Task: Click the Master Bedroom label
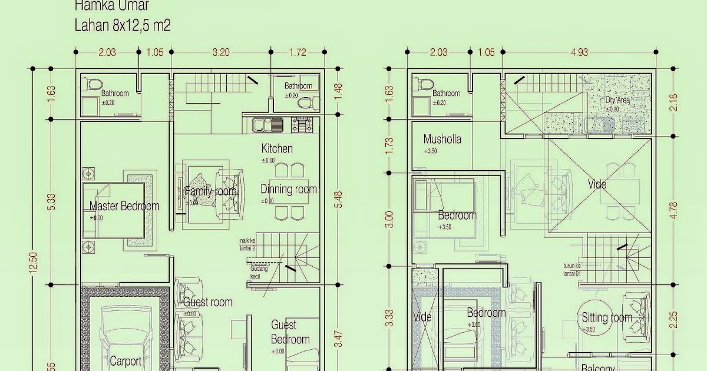(x=124, y=206)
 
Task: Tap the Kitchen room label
(x=277, y=148)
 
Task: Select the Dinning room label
(x=289, y=190)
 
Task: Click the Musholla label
(x=442, y=140)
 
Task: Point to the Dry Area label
(x=617, y=100)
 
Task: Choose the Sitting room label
(x=607, y=317)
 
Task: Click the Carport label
(x=125, y=361)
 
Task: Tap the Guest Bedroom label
(x=290, y=332)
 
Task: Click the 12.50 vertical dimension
(x=33, y=263)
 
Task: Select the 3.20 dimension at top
(x=220, y=52)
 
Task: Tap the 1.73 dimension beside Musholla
(x=389, y=145)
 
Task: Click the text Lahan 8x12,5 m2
(x=123, y=26)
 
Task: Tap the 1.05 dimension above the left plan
(x=154, y=52)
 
